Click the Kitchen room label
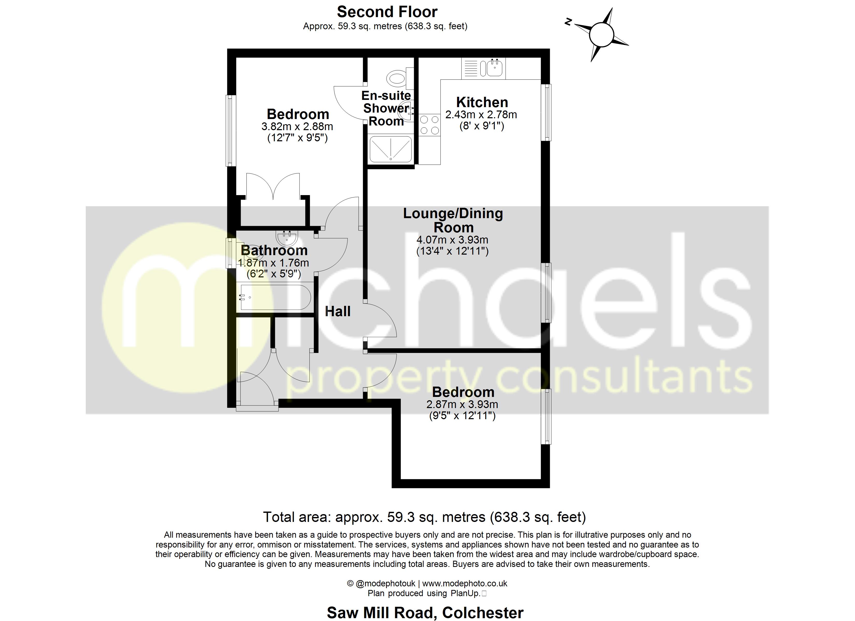[x=482, y=102]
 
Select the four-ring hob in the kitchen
[x=429, y=125]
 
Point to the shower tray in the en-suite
[x=390, y=149]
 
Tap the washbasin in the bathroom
[x=287, y=238]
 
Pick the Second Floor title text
[x=387, y=12]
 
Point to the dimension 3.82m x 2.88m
[x=297, y=126]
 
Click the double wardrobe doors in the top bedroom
[x=273, y=186]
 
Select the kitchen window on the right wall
[x=546, y=112]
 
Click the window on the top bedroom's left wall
[x=231, y=130]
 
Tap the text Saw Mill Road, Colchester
[x=425, y=613]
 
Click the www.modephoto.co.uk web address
[x=465, y=583]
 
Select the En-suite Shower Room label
[x=386, y=108]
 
